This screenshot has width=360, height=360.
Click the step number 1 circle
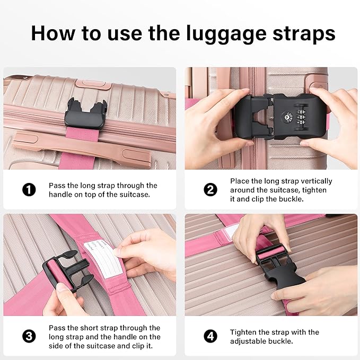(29, 189)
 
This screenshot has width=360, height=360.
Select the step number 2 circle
(210, 189)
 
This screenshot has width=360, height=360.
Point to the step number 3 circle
(29, 336)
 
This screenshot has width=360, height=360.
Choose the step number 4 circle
(210, 336)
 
